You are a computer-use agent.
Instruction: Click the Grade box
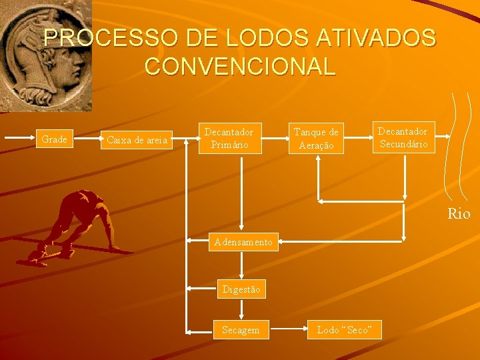pyautogui.click(x=54, y=139)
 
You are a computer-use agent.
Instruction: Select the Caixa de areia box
pyautogui.click(x=137, y=140)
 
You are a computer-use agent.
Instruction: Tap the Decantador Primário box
pyautogui.click(x=229, y=138)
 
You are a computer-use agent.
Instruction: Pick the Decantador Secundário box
pyautogui.click(x=403, y=137)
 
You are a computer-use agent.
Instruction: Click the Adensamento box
pyautogui.click(x=243, y=242)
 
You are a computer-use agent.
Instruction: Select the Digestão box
pyautogui.click(x=241, y=289)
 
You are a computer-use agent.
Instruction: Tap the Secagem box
pyautogui.click(x=241, y=329)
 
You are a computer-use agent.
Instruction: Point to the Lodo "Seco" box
pyautogui.click(x=344, y=329)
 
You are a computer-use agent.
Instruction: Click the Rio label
pyautogui.click(x=459, y=213)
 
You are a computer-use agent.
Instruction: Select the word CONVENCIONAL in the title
pyautogui.click(x=239, y=66)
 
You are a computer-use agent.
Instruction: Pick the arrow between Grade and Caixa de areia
pyautogui.click(x=87, y=140)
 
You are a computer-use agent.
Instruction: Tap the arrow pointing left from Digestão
pyautogui.click(x=201, y=289)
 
